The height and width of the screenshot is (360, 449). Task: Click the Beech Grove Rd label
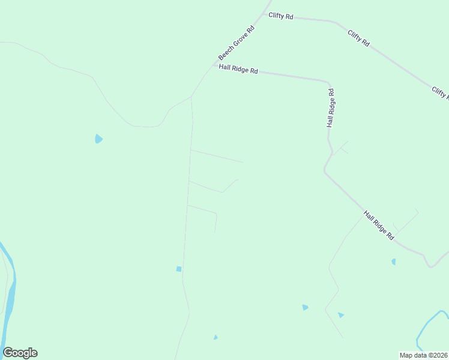[237, 43]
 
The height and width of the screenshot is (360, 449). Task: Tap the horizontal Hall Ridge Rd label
[238, 70]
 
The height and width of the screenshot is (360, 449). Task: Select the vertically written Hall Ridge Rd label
[330, 108]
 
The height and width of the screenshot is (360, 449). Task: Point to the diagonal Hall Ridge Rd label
[379, 226]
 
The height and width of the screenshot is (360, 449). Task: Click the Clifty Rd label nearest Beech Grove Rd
[281, 16]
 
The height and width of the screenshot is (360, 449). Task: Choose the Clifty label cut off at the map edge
[440, 93]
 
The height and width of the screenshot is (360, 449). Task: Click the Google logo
[20, 353]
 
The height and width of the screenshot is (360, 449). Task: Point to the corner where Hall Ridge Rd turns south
[328, 81]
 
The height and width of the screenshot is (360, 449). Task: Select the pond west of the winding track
[98, 139]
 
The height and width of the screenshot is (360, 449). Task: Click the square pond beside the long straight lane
[179, 269]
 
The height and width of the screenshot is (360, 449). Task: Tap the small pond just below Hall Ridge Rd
[394, 262]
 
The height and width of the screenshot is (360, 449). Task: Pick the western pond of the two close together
[305, 307]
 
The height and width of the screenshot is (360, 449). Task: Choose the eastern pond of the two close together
[340, 315]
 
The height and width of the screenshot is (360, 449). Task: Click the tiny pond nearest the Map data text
[215, 337]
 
